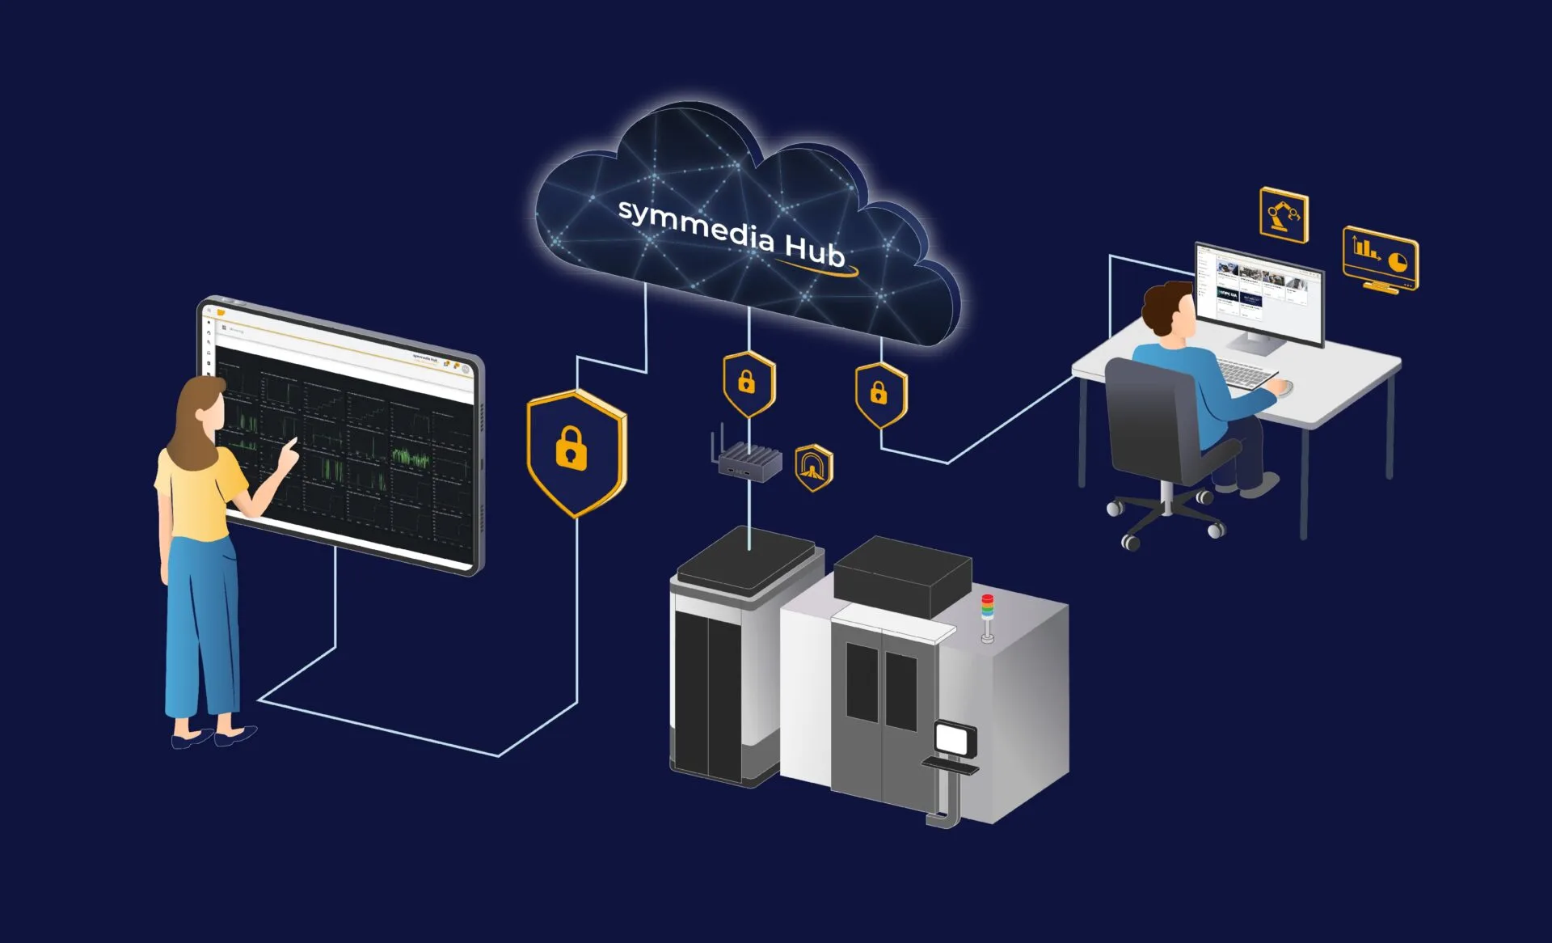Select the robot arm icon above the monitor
point(1284,215)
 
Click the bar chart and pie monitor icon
point(1380,257)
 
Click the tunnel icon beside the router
point(813,467)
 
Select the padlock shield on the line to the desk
point(880,395)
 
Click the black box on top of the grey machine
point(902,573)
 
